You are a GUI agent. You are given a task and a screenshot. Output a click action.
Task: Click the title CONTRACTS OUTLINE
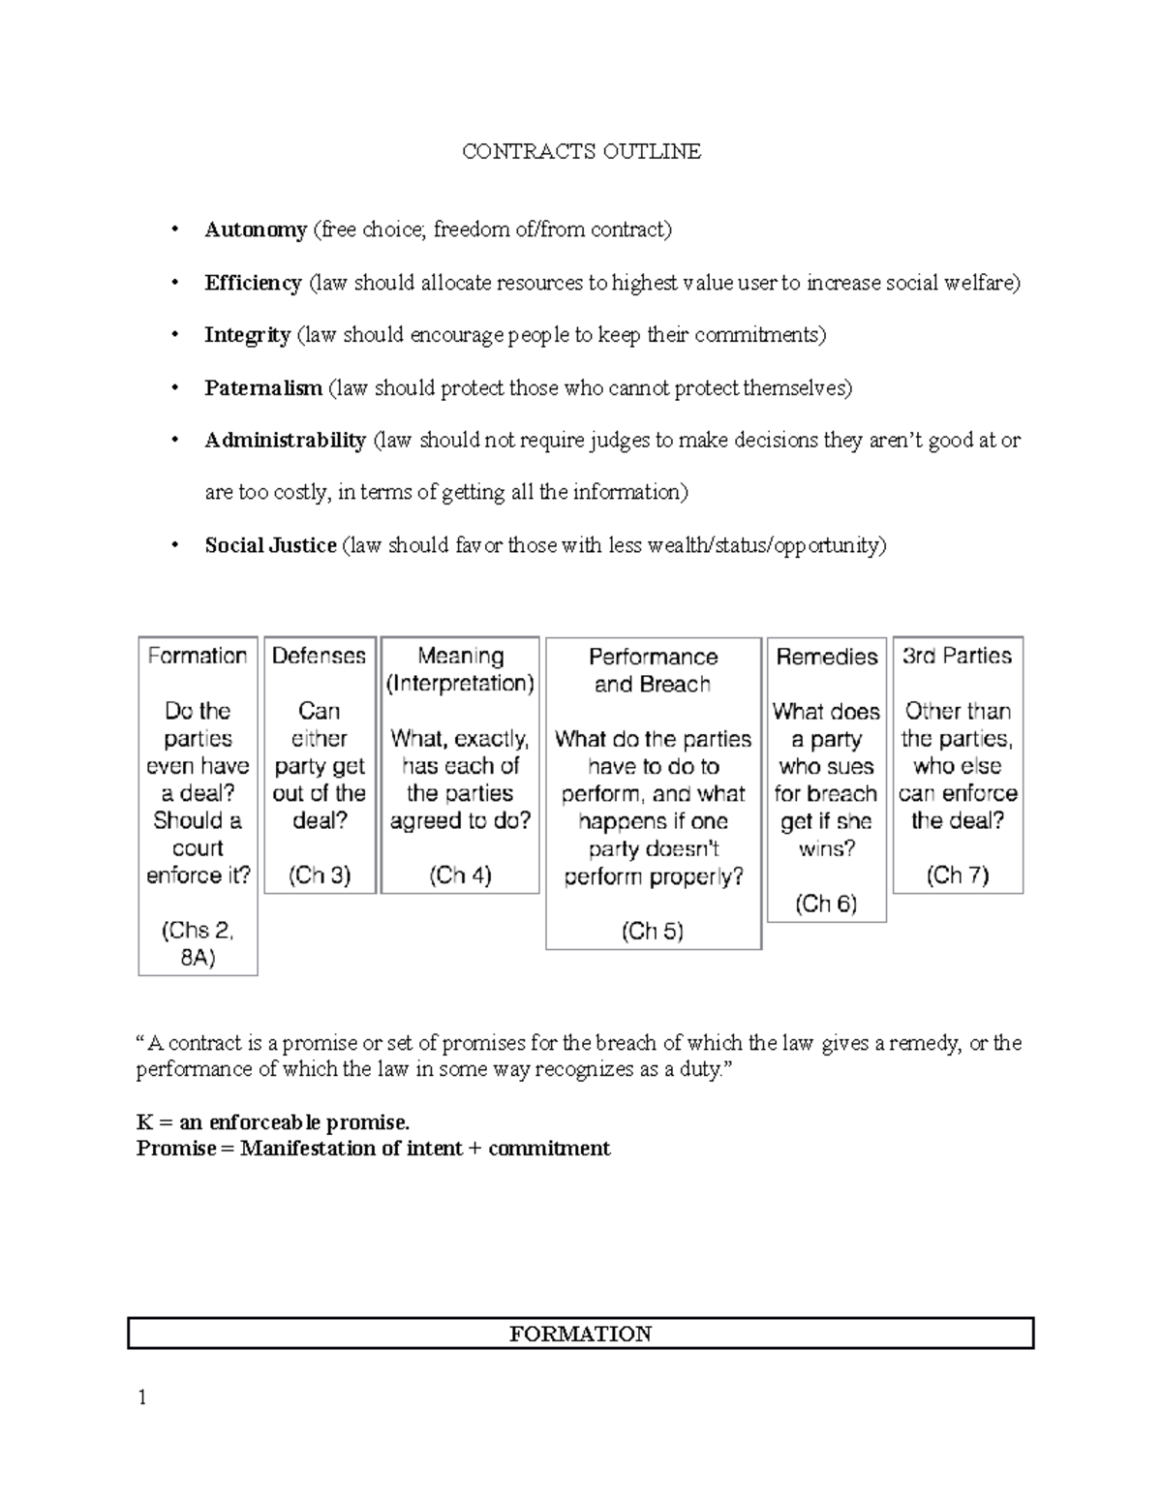coord(581,151)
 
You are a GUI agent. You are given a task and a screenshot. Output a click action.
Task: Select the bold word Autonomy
coord(256,230)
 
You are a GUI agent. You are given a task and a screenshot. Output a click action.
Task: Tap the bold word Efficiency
coord(253,283)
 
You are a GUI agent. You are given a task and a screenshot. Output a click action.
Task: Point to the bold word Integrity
coord(247,335)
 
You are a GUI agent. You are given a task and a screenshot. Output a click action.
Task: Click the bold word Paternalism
coord(263,388)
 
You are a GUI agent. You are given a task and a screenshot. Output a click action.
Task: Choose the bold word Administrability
coord(285,441)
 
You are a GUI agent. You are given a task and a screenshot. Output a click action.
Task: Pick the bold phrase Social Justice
coord(270,545)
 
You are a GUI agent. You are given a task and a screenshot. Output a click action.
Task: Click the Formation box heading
coord(198,656)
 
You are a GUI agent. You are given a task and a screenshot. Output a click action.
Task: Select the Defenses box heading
coord(319,656)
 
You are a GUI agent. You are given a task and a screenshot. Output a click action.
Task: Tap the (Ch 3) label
coord(320,875)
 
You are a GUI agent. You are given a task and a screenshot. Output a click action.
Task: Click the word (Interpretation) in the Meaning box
coord(460,684)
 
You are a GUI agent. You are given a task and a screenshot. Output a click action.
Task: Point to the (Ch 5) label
coord(653,932)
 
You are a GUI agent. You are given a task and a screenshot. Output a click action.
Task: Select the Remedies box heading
coord(826,657)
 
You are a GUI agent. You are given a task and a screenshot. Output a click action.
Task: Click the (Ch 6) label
coord(826,904)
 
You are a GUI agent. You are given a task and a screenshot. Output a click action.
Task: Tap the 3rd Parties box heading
coord(957,656)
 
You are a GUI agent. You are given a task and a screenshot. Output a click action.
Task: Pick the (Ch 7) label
coord(957,875)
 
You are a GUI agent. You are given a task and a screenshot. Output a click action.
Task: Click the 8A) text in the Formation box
coord(198,958)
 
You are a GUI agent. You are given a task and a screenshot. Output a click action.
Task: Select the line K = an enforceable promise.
coord(273,1122)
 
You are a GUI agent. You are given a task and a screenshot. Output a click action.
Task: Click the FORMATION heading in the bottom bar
coord(581,1334)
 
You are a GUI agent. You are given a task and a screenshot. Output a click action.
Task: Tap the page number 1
coord(142,1397)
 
